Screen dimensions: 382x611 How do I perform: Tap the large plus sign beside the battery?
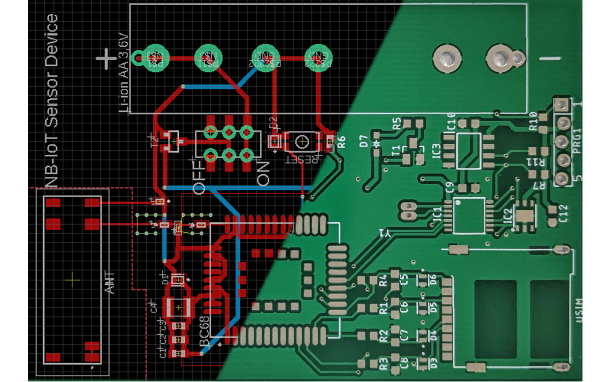tap(107, 59)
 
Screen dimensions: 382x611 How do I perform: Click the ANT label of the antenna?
tap(109, 282)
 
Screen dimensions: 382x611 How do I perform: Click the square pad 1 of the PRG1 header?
tap(562, 105)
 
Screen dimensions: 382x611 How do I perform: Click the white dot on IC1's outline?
tap(458, 203)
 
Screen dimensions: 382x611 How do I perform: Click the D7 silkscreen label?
tap(364, 141)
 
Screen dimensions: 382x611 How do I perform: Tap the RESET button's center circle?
tap(303, 141)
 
